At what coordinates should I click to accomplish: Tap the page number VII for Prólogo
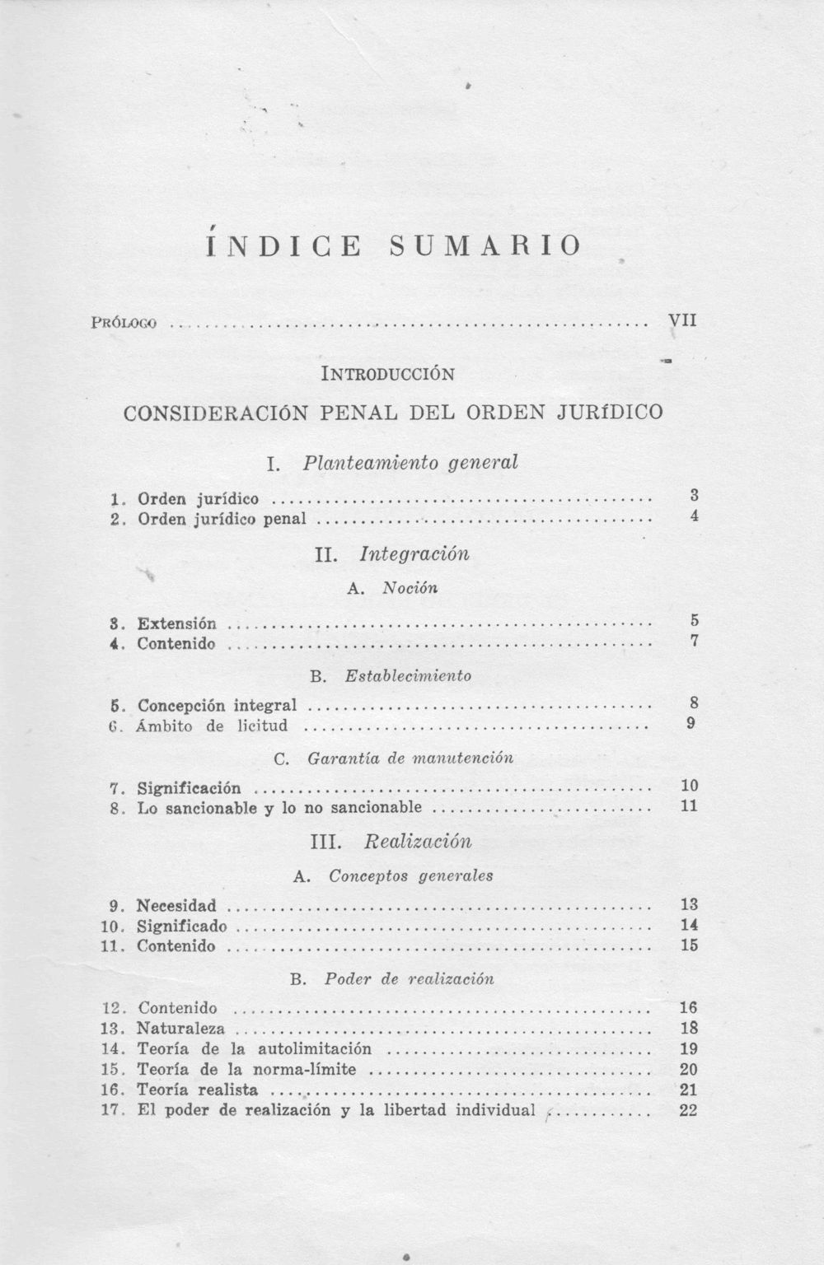pos(682,320)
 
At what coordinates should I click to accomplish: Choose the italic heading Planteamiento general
pos(410,462)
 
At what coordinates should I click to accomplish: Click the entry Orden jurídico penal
pos(222,519)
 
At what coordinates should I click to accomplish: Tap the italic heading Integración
pos(414,553)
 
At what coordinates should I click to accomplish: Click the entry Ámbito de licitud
pos(213,726)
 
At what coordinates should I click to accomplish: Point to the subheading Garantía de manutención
pos(410,758)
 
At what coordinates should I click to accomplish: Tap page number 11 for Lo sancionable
pos(690,806)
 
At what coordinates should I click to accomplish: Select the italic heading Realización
pos(418,842)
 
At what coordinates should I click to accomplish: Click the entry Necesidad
pos(176,906)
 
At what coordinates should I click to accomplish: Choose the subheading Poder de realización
pos(410,979)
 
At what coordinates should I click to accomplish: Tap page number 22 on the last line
pos(690,1110)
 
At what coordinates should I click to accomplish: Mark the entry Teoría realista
pos(197,1090)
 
